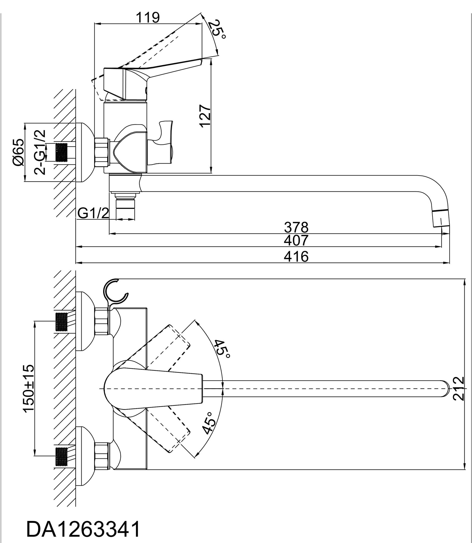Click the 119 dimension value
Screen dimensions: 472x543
coord(148,18)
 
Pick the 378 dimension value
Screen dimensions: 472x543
coord(296,227)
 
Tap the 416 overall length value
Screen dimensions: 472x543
coord(296,256)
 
